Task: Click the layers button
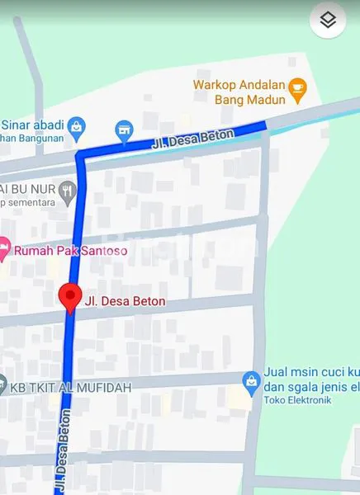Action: click(x=328, y=21)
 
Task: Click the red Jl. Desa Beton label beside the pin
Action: click(x=125, y=302)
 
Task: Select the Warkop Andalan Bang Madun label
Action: click(x=239, y=92)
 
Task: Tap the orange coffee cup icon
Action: click(x=298, y=85)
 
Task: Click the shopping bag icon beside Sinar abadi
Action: click(x=77, y=127)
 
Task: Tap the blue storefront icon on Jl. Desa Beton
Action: click(x=123, y=130)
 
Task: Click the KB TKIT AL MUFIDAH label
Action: click(x=72, y=386)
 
